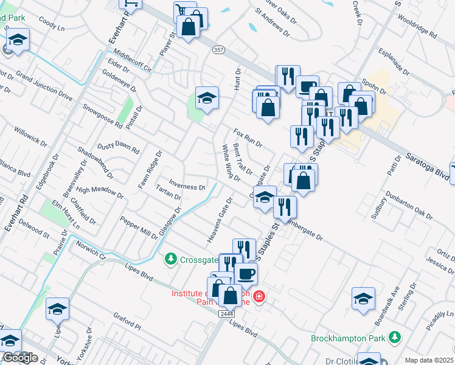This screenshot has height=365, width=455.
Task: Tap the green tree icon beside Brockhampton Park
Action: [x=395, y=336]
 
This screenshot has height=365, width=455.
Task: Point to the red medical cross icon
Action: [x=260, y=296]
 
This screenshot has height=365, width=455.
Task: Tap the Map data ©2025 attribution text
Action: [x=429, y=360]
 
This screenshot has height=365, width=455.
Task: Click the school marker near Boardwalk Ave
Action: [x=363, y=298]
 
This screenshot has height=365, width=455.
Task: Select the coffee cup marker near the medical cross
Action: [x=246, y=274]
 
